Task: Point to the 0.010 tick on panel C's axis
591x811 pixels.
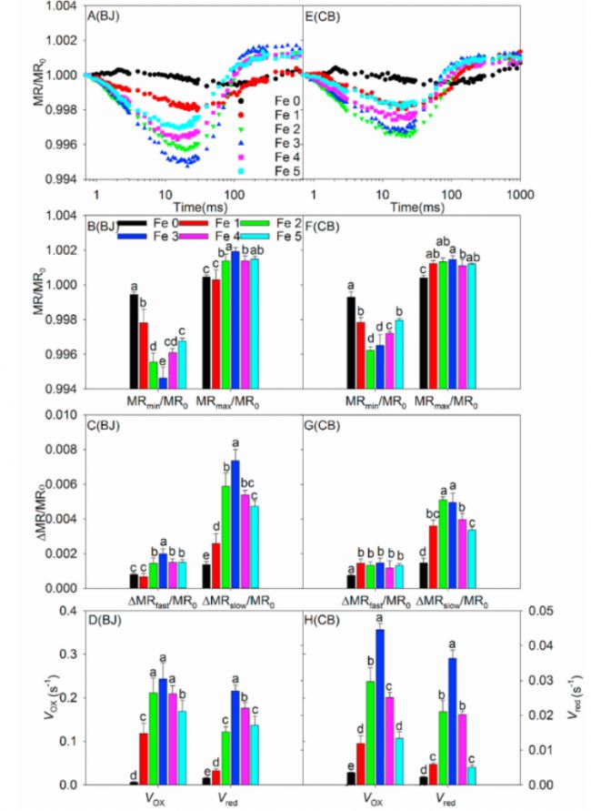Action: pos(62,416)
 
